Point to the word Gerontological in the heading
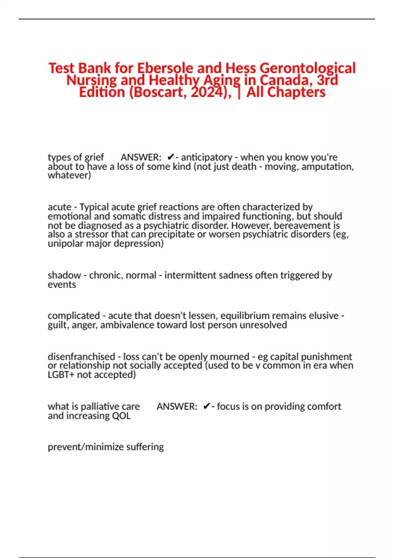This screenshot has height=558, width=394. click(x=308, y=68)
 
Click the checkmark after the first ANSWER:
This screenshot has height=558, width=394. click(x=170, y=157)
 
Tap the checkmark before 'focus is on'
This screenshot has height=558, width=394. click(x=206, y=406)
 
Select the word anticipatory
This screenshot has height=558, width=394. click(x=207, y=157)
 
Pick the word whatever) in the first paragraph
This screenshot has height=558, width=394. click(x=69, y=175)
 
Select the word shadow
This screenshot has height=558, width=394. click(x=64, y=275)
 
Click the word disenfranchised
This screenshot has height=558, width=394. click(x=81, y=356)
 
